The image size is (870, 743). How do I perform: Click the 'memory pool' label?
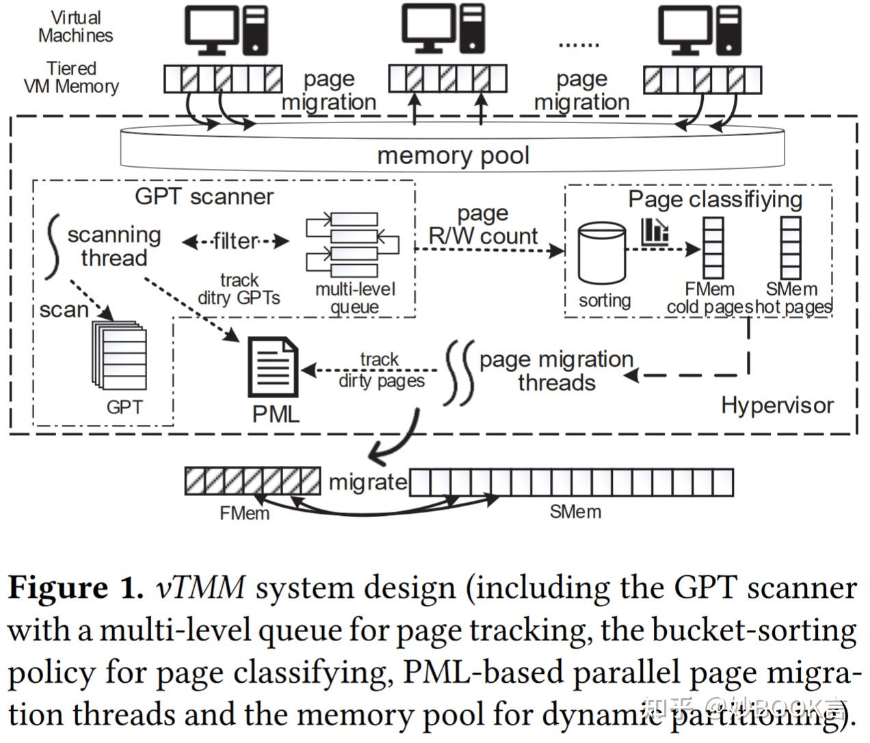pyautogui.click(x=453, y=155)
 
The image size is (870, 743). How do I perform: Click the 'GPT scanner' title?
pyautogui.click(x=204, y=196)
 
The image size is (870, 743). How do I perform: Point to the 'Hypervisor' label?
pyautogui.click(x=777, y=405)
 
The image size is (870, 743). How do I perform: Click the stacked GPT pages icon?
pyautogui.click(x=120, y=354)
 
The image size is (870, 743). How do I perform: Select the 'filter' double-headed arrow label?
pyautogui.click(x=235, y=241)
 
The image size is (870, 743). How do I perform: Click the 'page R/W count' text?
pyautogui.click(x=483, y=225)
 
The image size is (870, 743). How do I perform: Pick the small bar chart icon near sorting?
pyautogui.click(x=655, y=232)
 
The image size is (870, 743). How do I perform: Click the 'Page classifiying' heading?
pyautogui.click(x=715, y=199)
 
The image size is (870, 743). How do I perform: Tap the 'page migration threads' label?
pyautogui.click(x=556, y=370)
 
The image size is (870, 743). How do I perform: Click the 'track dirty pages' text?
pyautogui.click(x=380, y=369)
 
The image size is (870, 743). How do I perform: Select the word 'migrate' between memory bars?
pyautogui.click(x=367, y=482)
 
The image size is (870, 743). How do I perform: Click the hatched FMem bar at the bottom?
pyautogui.click(x=252, y=481)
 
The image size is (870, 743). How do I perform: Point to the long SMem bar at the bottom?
pyautogui.click(x=571, y=482)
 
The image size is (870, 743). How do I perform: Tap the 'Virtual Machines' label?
pyautogui.click(x=75, y=27)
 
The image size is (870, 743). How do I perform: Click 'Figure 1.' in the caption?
pyautogui.click(x=75, y=588)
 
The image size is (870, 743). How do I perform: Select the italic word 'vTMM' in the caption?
pyautogui.click(x=200, y=588)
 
